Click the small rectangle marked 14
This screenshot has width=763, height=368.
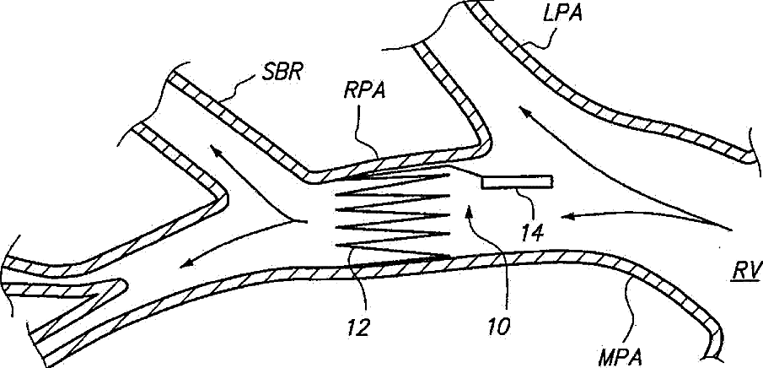click(516, 181)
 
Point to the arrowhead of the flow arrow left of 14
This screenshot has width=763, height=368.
click(567, 216)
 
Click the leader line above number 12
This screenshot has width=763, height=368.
click(361, 283)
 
